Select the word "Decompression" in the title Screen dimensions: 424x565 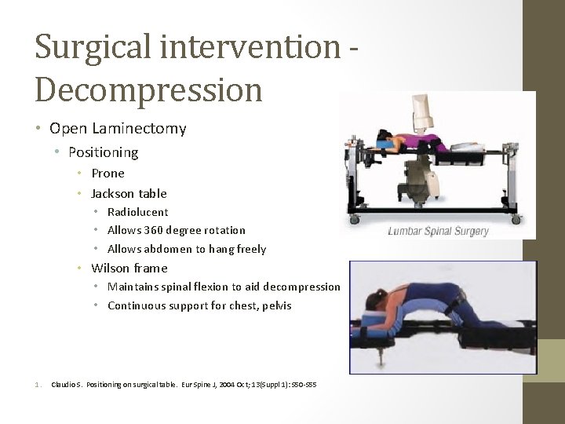(x=148, y=90)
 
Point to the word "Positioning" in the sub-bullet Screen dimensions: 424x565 (x=103, y=152)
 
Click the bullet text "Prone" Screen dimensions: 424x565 (x=108, y=174)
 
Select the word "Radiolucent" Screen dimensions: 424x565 (x=137, y=212)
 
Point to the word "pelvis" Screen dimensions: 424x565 (x=275, y=306)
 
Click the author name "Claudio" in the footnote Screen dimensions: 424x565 (x=65, y=384)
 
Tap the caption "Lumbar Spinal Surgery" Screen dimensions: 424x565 (x=438, y=231)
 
